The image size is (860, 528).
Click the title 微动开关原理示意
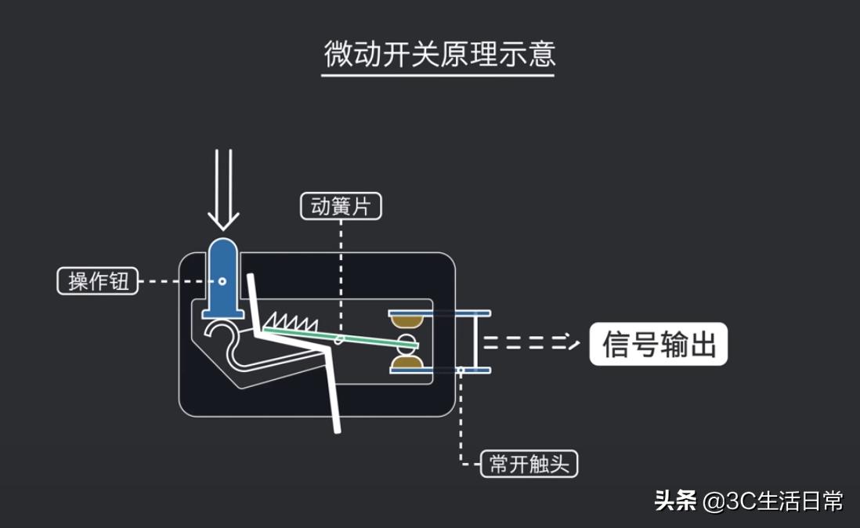[x=439, y=53]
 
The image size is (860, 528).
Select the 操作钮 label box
[x=98, y=281]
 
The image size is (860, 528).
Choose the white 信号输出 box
[x=658, y=344]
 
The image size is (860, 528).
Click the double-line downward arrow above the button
[x=223, y=188]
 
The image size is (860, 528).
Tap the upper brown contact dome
[x=407, y=320]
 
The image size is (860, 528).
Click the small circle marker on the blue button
[x=222, y=280]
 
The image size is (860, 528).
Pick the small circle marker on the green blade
[x=339, y=340]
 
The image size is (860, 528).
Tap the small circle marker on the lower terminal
[x=462, y=370]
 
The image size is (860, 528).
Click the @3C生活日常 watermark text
[x=772, y=501]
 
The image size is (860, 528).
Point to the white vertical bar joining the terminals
[x=475, y=342]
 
